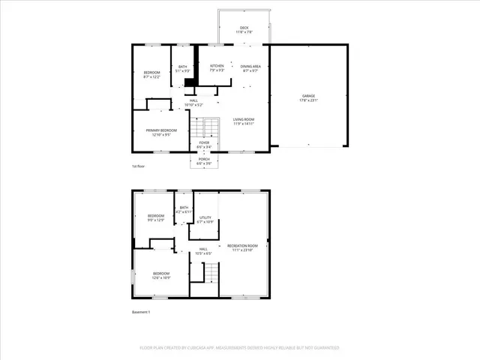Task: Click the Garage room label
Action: tap(310, 97)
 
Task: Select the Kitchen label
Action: tap(217, 67)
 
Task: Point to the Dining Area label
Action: tap(251, 67)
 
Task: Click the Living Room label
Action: tap(243, 122)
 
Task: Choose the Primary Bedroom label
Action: tap(158, 133)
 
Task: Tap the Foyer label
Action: tap(204, 144)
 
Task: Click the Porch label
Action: tap(204, 160)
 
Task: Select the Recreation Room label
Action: tap(242, 247)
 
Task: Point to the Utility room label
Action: tap(205, 220)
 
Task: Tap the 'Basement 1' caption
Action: tap(141, 311)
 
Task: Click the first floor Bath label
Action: tap(183, 69)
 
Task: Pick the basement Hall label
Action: tap(202, 251)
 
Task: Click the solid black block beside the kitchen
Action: tap(190, 82)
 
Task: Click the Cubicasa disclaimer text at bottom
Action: tap(239, 348)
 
